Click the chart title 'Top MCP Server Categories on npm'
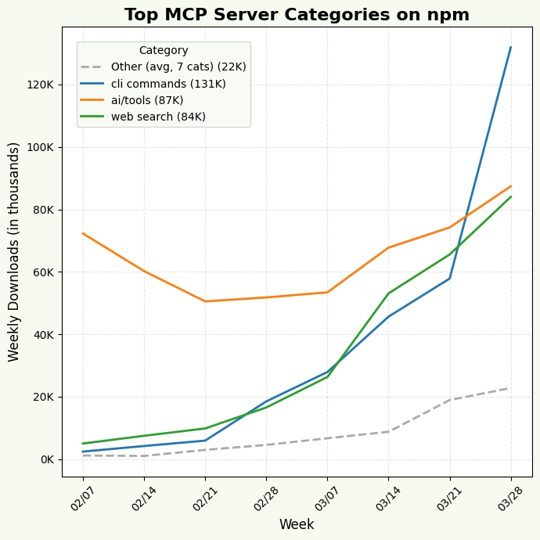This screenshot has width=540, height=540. tap(297, 15)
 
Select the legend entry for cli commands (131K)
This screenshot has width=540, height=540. tap(168, 84)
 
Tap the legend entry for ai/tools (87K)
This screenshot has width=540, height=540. tap(147, 100)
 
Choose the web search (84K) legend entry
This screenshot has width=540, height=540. tap(158, 117)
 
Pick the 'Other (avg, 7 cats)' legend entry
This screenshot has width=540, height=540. tap(178, 67)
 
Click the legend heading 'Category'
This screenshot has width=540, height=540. tap(164, 51)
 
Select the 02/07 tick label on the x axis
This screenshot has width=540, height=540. tap(83, 498)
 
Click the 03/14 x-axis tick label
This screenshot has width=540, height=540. tap(388, 498)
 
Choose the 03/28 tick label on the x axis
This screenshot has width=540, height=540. tap(510, 498)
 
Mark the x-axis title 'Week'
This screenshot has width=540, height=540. tap(297, 524)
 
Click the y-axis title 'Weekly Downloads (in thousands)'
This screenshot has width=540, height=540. tap(14, 251)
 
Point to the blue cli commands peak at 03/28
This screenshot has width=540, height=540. tap(511, 47)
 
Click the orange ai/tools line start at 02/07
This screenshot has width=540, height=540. tap(83, 233)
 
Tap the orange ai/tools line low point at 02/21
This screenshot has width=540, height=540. tap(205, 301)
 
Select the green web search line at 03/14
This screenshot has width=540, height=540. tap(388, 293)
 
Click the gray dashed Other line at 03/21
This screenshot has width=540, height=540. tap(450, 400)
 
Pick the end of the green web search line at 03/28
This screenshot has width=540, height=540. tap(511, 196)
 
